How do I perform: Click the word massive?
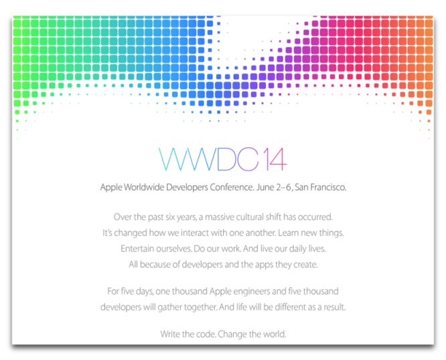(219, 217)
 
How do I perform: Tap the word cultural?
(250, 217)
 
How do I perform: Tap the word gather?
(170, 307)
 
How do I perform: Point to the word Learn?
(288, 233)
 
